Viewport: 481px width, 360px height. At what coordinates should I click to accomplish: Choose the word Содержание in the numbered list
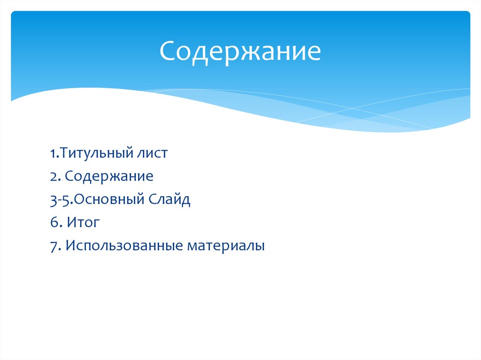[x=109, y=176]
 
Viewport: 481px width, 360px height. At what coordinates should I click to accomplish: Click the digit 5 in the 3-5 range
[x=66, y=200]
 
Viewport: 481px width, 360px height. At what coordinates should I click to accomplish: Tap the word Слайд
[x=170, y=200]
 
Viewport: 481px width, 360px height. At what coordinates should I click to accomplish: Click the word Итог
[x=83, y=223]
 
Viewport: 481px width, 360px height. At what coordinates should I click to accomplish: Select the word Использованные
[x=124, y=246]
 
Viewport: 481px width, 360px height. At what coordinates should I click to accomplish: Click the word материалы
[x=226, y=246]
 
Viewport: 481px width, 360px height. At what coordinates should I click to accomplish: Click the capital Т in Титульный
[x=63, y=153]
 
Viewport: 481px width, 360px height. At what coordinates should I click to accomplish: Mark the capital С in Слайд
[x=153, y=200]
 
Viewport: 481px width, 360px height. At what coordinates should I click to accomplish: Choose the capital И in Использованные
[x=70, y=246]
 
